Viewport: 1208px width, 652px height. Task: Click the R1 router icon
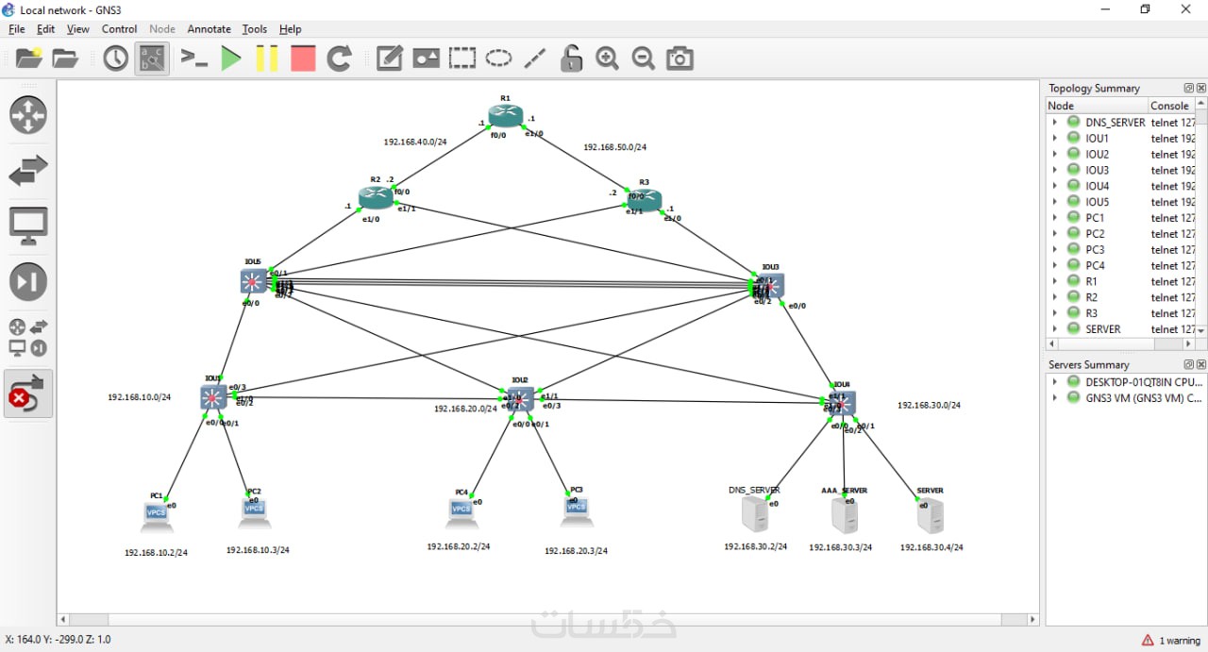506,116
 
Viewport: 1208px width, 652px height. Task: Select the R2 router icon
375,197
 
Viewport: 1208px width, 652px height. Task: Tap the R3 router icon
645,199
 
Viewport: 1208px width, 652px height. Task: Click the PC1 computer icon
156,514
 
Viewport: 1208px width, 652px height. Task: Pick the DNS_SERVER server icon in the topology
754,514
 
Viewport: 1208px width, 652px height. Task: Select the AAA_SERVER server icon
844,515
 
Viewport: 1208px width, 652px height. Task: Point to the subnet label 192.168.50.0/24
614,147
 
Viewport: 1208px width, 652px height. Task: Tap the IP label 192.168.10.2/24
156,553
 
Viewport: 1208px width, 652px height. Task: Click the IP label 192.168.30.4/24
931,547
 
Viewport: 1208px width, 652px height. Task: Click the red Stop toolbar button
303,59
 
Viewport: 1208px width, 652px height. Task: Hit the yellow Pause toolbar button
267,59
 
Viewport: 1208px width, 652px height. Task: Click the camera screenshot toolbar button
679,59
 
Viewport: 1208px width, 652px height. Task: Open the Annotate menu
209,29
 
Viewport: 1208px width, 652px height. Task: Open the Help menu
290,29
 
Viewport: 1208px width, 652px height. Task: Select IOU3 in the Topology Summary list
1097,170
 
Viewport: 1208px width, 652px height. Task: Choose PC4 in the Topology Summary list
1095,265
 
